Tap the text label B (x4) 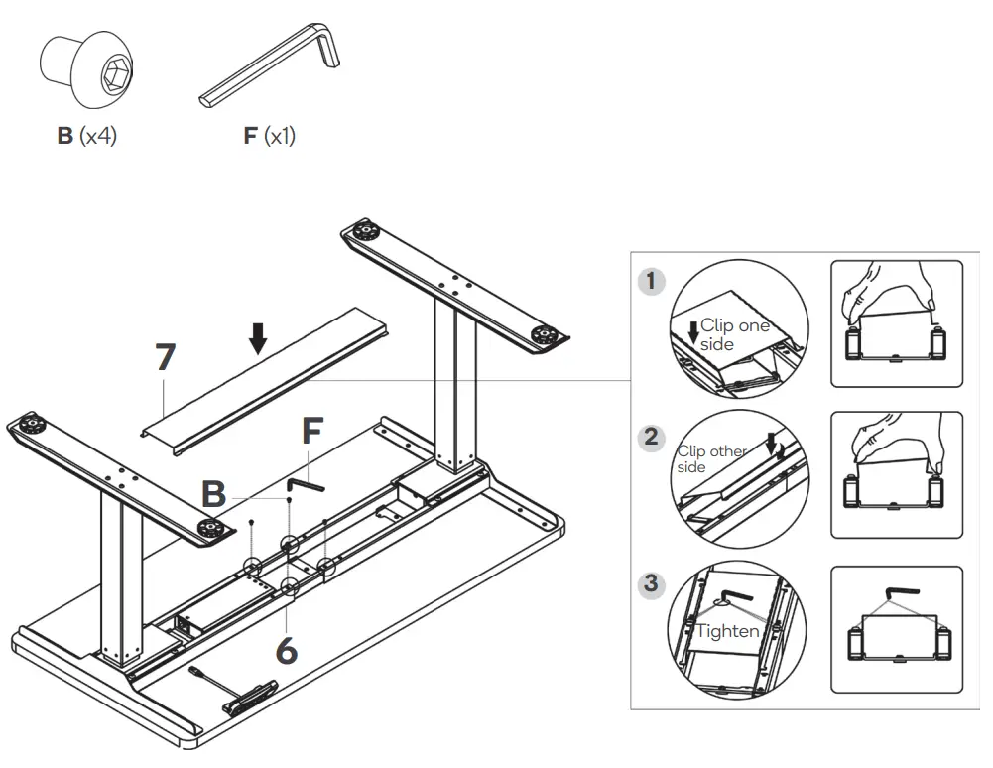(86, 136)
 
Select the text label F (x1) (269, 136)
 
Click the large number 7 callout (166, 358)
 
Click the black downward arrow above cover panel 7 (258, 338)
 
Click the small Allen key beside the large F (306, 484)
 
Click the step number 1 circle (651, 281)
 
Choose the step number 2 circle (651, 436)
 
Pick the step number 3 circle (651, 583)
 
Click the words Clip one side (734, 334)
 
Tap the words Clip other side (711, 458)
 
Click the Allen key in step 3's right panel (899, 593)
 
